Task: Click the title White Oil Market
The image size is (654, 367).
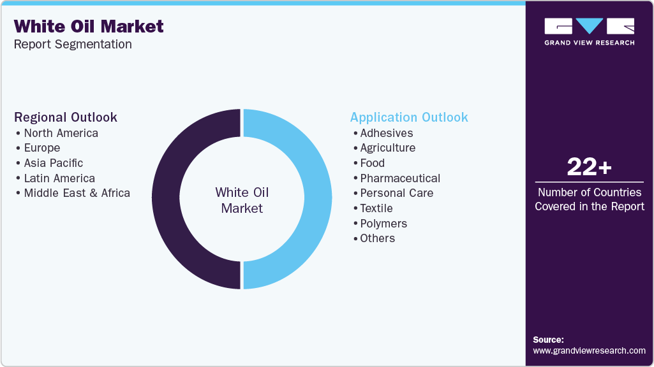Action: tap(89, 27)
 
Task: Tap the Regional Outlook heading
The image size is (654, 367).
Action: tap(66, 117)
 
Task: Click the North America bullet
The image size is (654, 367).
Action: tap(61, 133)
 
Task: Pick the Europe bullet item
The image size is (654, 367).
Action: tap(41, 148)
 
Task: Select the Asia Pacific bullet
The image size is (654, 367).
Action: tap(53, 163)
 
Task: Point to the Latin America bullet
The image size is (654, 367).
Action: tap(59, 178)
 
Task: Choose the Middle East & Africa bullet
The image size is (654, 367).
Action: tap(77, 193)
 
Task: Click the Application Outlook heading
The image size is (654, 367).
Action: tap(409, 117)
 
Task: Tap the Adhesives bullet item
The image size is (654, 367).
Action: tap(386, 133)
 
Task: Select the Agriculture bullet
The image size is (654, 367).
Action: tap(387, 148)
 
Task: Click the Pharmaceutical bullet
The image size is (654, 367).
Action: tap(400, 178)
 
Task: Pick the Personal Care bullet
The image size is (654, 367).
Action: tap(396, 193)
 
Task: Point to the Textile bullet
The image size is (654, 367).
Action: tap(376, 208)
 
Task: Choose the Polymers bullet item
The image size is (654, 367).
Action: tap(383, 224)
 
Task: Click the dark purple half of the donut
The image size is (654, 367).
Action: tap(167, 199)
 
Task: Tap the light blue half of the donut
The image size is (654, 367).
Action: tap(317, 199)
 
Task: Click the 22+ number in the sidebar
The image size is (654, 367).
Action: tap(589, 168)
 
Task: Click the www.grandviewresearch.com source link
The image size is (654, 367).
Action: tap(589, 350)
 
